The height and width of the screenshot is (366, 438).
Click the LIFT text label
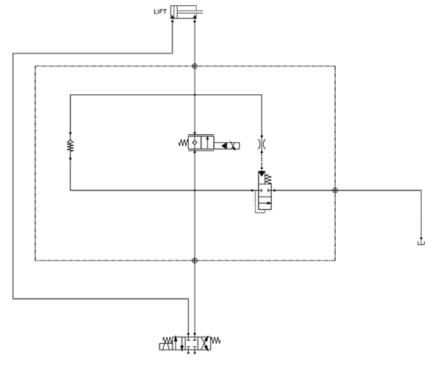tap(160, 12)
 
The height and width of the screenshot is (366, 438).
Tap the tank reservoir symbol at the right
tap(421, 242)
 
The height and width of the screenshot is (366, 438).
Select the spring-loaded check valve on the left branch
tap(71, 146)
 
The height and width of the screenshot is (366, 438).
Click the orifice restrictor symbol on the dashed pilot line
tap(262, 144)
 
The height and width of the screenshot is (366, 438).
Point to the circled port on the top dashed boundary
tap(195, 66)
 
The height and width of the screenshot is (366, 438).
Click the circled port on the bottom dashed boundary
tap(195, 261)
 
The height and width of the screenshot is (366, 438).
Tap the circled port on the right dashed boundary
tap(335, 191)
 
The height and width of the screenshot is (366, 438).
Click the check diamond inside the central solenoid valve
tap(195, 143)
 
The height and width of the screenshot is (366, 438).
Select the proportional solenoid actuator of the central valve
tap(227, 146)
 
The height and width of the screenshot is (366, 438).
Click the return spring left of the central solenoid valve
tap(183, 143)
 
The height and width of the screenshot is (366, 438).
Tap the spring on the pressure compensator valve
tap(268, 179)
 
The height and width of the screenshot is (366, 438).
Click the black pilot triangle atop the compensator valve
tap(262, 174)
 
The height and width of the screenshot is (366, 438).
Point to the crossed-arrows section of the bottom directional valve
tap(204, 343)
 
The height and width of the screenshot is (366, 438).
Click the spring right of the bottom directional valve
tap(215, 340)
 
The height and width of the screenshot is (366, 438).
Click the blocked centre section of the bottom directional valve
tap(192, 343)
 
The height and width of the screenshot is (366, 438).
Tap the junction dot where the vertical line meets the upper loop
tap(195, 95)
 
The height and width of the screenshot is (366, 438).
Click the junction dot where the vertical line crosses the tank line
tap(195, 191)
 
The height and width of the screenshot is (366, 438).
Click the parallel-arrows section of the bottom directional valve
tap(179, 343)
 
